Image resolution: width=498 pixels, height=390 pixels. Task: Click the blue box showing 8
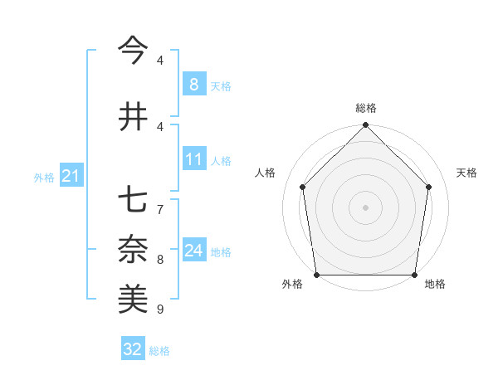coord(193,84)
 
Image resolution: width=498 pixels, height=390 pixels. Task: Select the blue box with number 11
coord(193,159)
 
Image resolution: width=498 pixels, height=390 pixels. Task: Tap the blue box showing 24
coord(193,251)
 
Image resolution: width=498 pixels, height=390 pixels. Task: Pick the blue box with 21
coord(70,175)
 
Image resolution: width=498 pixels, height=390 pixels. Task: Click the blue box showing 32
coord(133,349)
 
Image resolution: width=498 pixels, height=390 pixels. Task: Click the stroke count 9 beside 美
coord(160,310)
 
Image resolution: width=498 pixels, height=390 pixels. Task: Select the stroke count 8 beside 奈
coord(160,259)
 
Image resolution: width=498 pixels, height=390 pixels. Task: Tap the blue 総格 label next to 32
coord(159,351)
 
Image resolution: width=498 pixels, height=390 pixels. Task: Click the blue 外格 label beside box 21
coord(44,177)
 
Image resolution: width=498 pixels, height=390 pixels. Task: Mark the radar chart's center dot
coord(365,207)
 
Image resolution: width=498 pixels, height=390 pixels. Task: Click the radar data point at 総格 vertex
coord(365,126)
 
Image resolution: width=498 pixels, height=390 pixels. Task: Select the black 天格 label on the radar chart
coord(467,173)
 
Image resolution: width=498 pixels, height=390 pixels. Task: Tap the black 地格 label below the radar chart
coord(435,284)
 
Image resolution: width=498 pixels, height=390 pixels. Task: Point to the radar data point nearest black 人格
coord(303,187)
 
